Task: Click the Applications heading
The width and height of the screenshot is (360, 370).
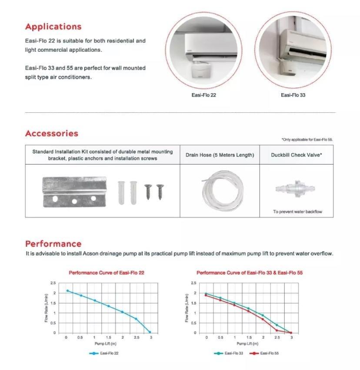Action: tap(53, 27)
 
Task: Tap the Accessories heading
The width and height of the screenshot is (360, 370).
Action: tap(52, 134)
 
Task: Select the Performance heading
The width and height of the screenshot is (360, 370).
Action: tap(53, 244)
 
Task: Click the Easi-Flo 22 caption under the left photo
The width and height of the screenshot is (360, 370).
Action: tap(203, 95)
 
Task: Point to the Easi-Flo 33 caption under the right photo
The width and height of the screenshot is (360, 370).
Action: tap(293, 95)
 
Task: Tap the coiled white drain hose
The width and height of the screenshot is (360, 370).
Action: tap(220, 190)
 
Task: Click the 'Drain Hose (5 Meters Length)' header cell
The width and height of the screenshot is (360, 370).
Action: tap(220, 155)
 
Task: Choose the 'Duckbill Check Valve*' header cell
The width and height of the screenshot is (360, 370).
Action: tap(297, 155)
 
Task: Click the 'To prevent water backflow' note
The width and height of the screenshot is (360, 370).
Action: tap(297, 212)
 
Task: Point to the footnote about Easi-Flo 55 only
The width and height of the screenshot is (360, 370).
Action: tap(307, 140)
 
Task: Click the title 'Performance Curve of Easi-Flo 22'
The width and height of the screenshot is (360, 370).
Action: tap(107, 273)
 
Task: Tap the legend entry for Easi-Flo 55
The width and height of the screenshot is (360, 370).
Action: tap(265, 353)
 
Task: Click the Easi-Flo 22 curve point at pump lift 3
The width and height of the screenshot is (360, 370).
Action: tap(150, 332)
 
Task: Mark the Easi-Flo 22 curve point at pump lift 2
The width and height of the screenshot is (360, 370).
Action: tap(123, 312)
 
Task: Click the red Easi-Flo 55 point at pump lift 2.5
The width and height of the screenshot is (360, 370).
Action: tap(277, 330)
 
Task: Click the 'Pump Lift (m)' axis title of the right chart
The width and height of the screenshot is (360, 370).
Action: tap(248, 344)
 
